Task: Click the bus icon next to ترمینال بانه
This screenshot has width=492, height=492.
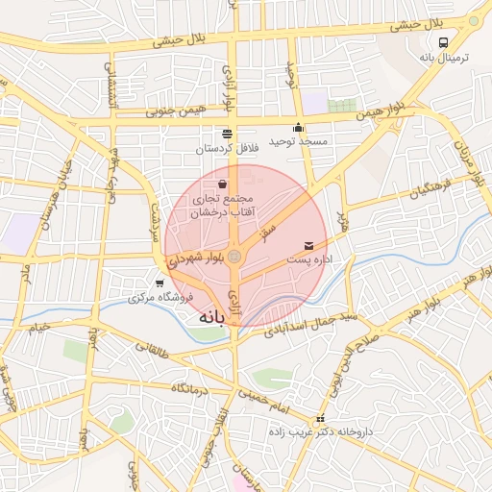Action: tap(443, 43)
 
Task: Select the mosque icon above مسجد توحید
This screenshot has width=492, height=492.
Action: tap(299, 127)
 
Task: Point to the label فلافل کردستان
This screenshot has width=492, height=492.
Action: tap(227, 149)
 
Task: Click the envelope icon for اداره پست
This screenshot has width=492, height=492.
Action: tap(308, 246)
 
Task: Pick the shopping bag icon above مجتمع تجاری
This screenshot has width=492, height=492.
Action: tap(223, 183)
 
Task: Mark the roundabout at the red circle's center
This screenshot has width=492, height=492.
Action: tap(234, 256)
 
